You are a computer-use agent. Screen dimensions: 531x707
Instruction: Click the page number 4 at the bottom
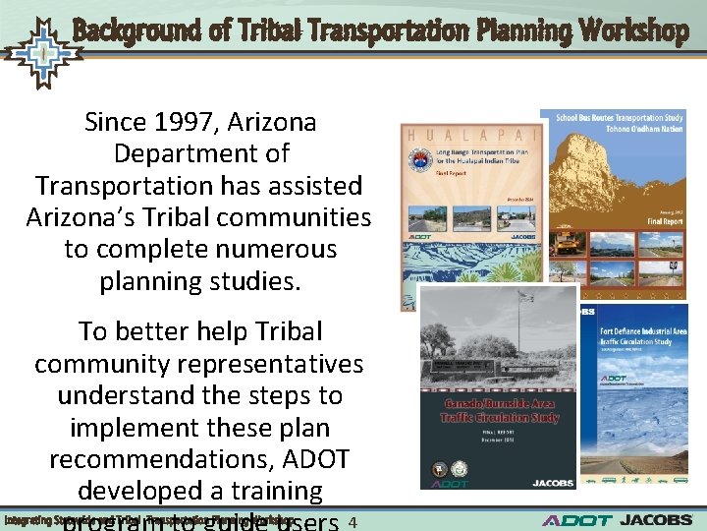click(353, 521)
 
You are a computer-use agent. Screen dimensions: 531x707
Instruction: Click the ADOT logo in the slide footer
click(576, 520)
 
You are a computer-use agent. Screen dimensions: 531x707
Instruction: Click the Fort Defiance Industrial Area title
click(643, 335)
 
